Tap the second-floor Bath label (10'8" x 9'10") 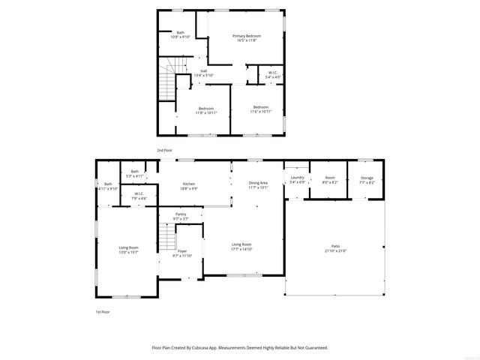pyautogui.click(x=180, y=34)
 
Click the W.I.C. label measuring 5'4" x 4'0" pyautogui.click(x=273, y=75)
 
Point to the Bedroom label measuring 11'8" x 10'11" pyautogui.click(x=206, y=110)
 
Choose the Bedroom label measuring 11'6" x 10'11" pyautogui.click(x=260, y=109)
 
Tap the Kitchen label pyautogui.click(x=190, y=186)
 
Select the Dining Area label pyautogui.click(x=258, y=185)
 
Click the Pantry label pyautogui.click(x=181, y=217)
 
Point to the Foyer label pyautogui.click(x=182, y=253)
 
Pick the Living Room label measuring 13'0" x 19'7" pyautogui.click(x=128, y=250)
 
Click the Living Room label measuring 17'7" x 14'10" pyautogui.click(x=241, y=246)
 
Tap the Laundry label pyautogui.click(x=297, y=180)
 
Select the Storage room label pyautogui.click(x=366, y=180)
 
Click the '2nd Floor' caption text pyautogui.click(x=164, y=151)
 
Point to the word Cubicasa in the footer pyautogui.click(x=212, y=348)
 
